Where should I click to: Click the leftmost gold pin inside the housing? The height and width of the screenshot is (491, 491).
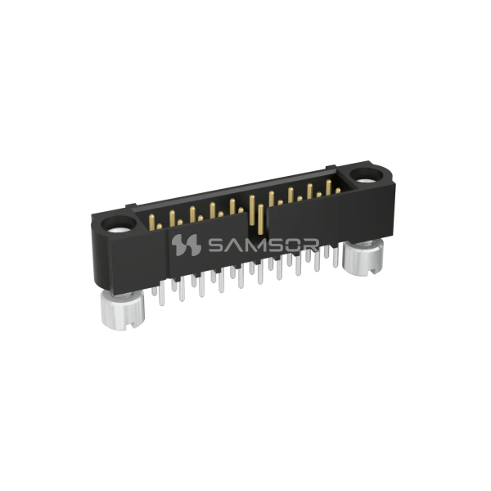[x=154, y=220]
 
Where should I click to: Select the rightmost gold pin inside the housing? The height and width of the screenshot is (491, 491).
[x=336, y=190]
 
